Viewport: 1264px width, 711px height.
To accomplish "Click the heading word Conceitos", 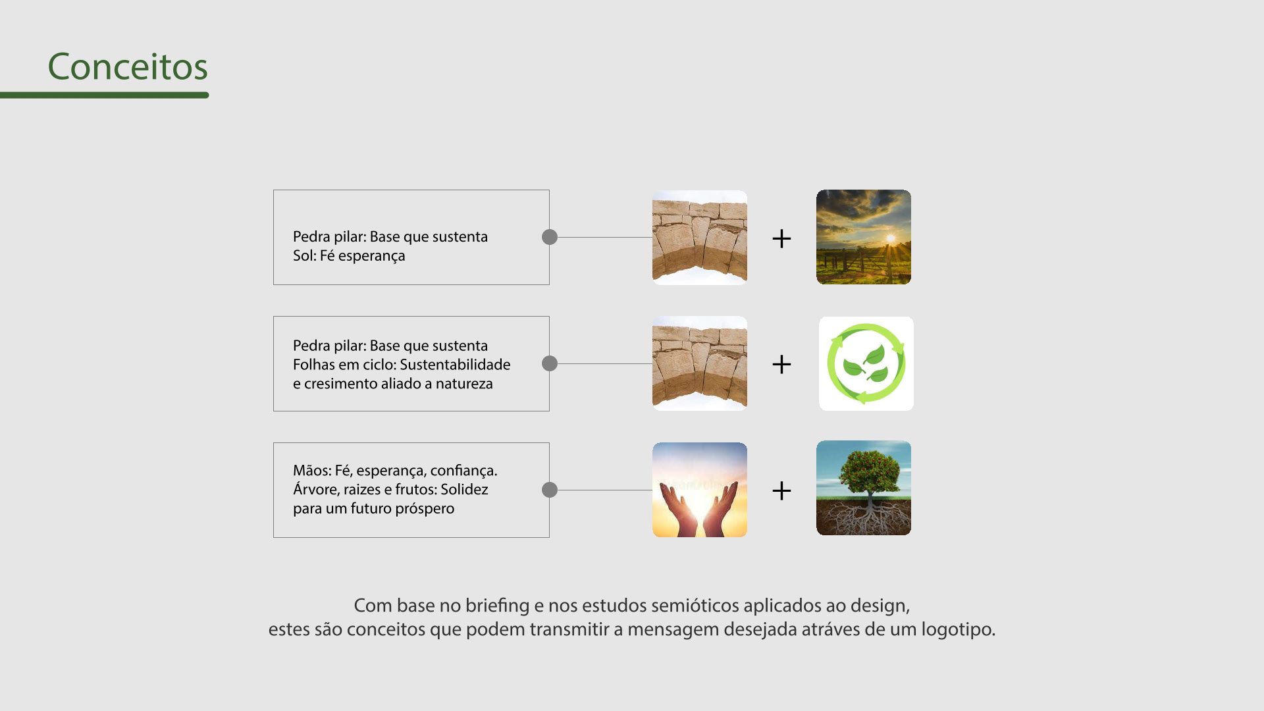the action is pyautogui.click(x=128, y=66).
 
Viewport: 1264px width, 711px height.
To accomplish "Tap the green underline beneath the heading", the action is pyautogui.click(x=104, y=95).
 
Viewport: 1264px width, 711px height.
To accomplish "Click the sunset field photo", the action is pyautogui.click(x=864, y=237).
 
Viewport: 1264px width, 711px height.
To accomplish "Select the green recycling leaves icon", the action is pyautogui.click(x=866, y=363).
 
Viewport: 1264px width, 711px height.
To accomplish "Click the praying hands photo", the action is pyautogui.click(x=700, y=490).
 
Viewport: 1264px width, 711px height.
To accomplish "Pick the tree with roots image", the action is pyautogui.click(x=864, y=488).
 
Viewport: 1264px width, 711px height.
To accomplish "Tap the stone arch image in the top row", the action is pyautogui.click(x=700, y=238).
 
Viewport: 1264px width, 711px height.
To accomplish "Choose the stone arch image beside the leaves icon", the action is pyautogui.click(x=700, y=363).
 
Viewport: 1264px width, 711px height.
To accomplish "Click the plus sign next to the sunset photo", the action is pyautogui.click(x=781, y=238).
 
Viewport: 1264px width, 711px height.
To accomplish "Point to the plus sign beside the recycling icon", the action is pyautogui.click(x=781, y=364).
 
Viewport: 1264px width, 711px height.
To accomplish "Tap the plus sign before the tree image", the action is pyautogui.click(x=781, y=490).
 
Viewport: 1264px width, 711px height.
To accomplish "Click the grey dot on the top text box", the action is pyautogui.click(x=550, y=237).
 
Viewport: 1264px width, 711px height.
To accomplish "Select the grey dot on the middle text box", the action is pyautogui.click(x=550, y=363).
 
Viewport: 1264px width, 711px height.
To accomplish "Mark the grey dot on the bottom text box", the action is pyautogui.click(x=550, y=490).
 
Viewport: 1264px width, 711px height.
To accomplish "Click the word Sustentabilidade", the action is pyautogui.click(x=455, y=365).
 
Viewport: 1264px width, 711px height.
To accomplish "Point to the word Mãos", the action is pyautogui.click(x=311, y=470).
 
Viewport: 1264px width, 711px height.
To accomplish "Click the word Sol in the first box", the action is pyautogui.click(x=305, y=255).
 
